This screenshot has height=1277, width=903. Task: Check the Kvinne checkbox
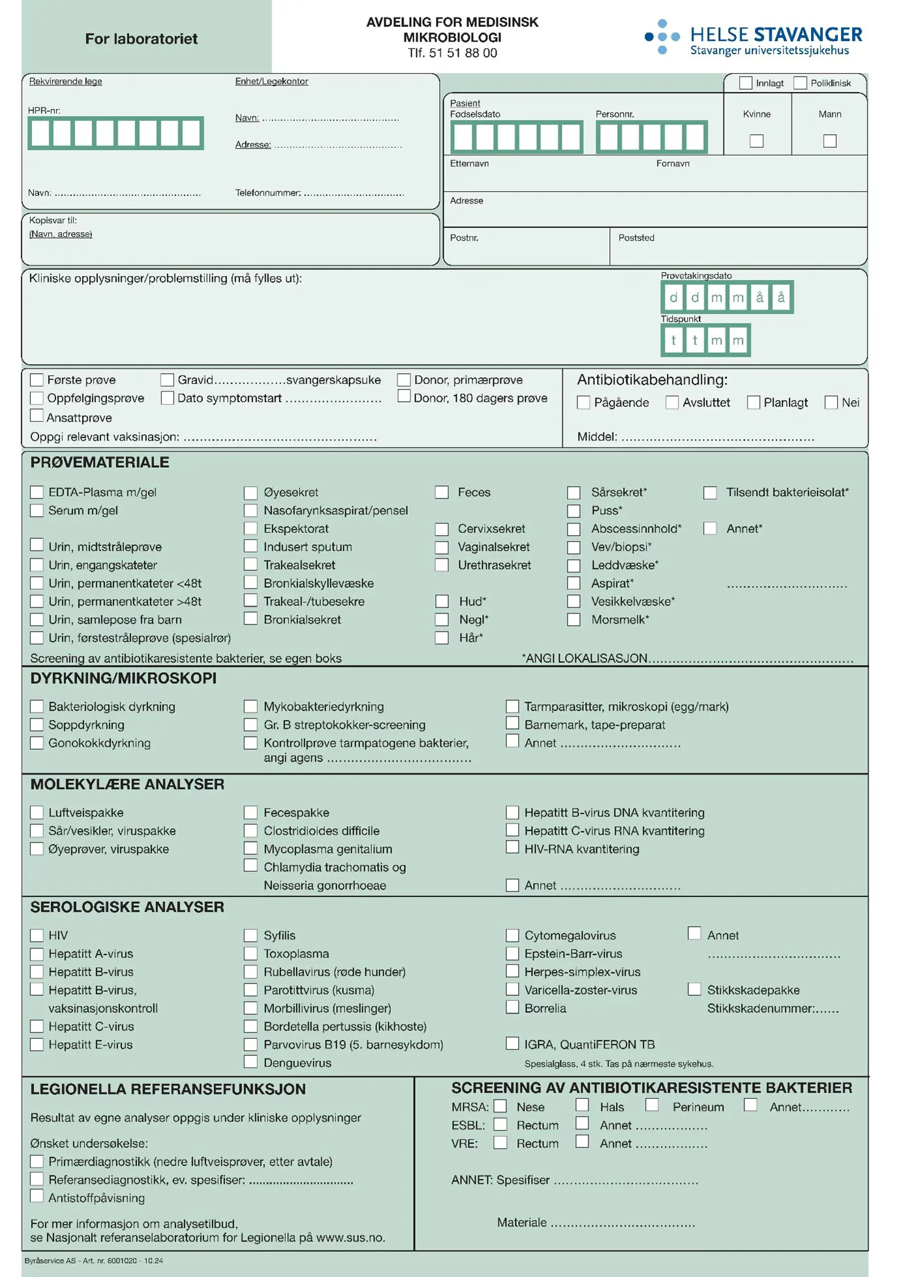click(756, 141)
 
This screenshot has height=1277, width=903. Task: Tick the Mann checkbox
click(829, 141)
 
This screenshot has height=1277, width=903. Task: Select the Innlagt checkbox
click(746, 83)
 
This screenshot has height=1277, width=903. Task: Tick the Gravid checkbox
click(168, 380)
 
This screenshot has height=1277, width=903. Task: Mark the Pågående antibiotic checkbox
click(583, 403)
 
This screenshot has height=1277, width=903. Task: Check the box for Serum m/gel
click(37, 510)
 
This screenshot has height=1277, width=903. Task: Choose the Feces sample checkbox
click(442, 492)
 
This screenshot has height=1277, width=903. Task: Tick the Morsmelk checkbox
click(574, 619)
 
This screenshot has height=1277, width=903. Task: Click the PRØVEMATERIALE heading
click(100, 463)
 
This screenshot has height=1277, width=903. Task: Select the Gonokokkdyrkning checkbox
click(37, 743)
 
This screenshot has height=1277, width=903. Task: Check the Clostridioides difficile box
click(251, 831)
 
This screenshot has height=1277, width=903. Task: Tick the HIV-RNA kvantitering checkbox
click(512, 848)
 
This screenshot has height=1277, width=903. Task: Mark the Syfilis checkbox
click(251, 935)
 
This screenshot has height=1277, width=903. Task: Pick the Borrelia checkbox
click(512, 1008)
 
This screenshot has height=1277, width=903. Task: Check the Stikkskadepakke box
click(694, 989)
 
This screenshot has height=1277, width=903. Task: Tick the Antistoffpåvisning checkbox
click(37, 1197)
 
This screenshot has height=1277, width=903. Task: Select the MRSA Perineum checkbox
click(651, 1105)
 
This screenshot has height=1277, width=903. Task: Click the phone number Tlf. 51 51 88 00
click(452, 53)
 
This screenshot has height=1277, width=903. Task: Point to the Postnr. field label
click(464, 238)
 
